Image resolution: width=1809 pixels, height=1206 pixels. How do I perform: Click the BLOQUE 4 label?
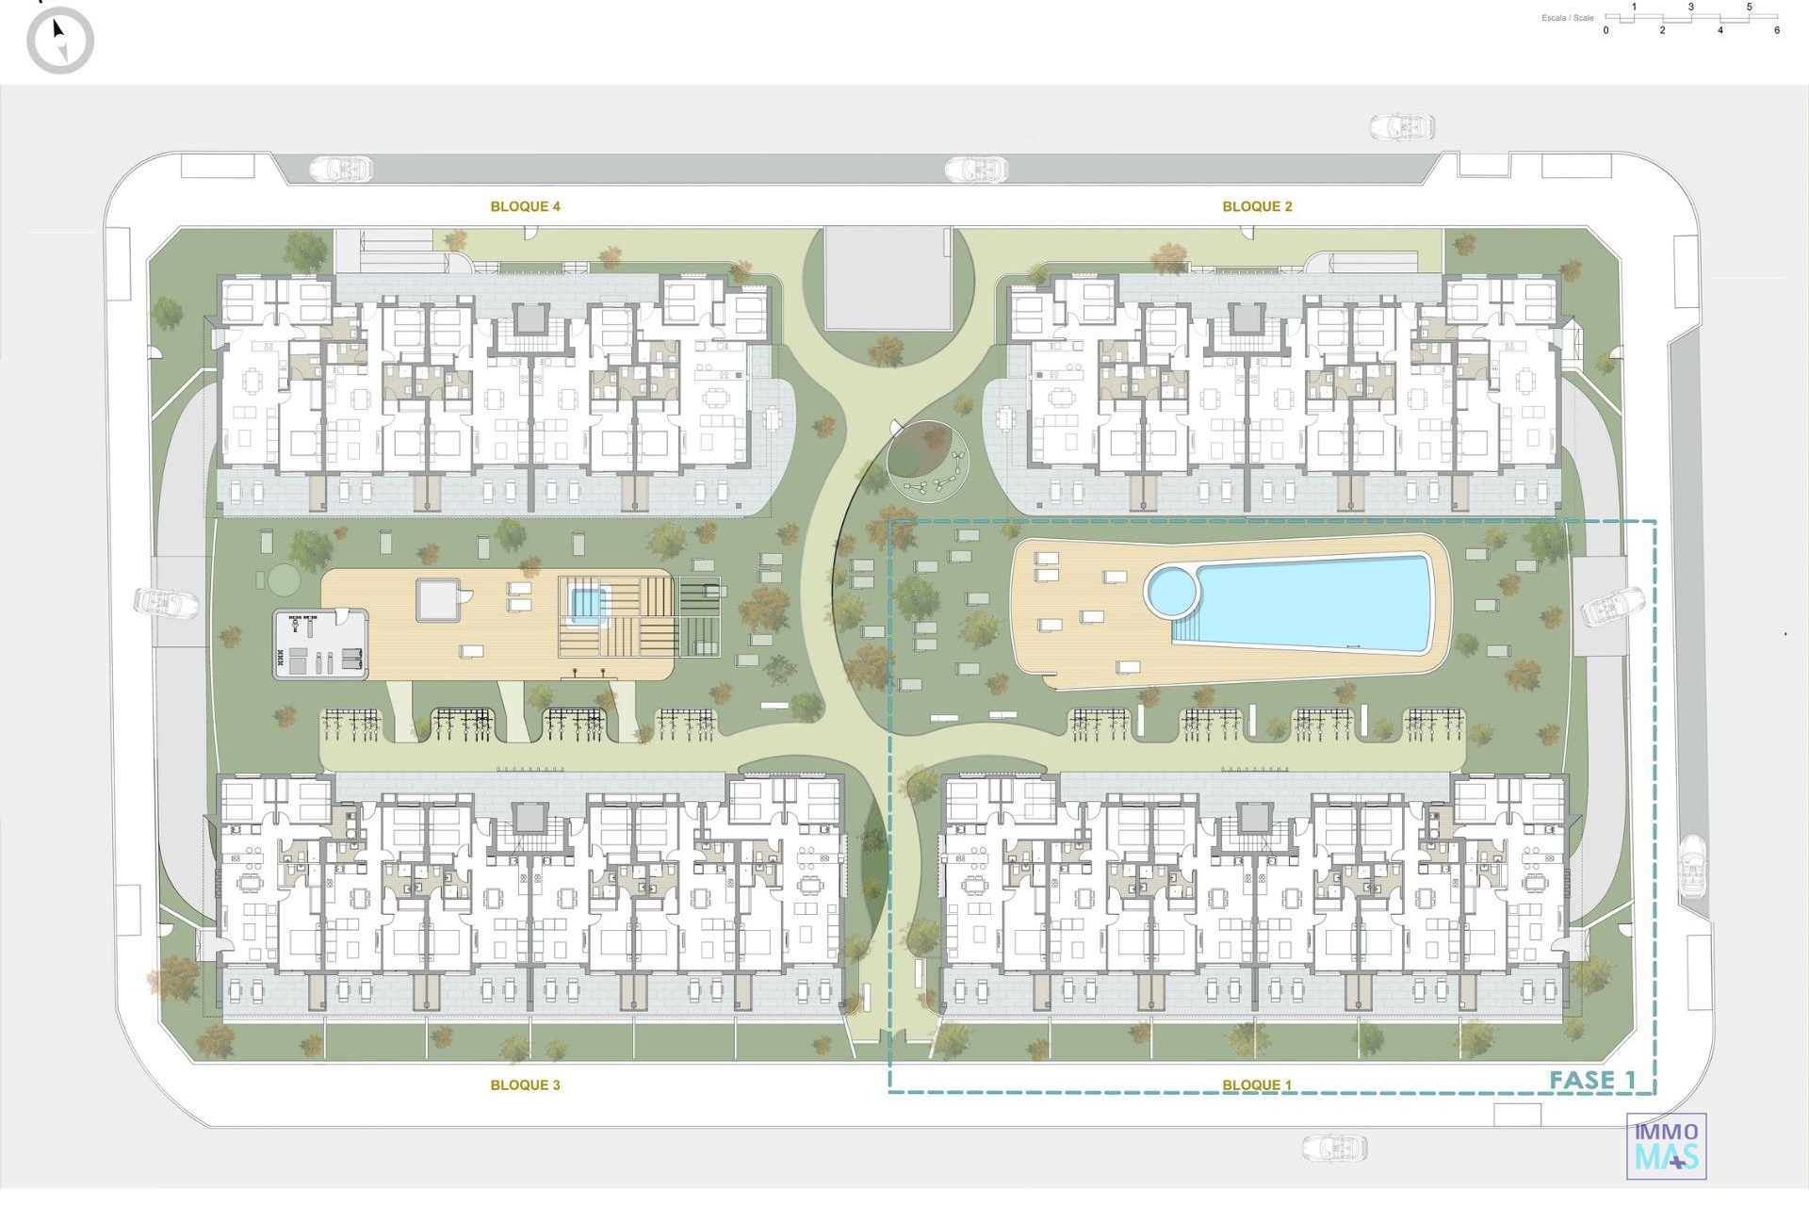pos(525,206)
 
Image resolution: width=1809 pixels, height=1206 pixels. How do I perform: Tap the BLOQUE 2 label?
pos(1257,206)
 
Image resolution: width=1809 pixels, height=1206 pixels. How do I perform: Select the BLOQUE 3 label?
pos(525,1085)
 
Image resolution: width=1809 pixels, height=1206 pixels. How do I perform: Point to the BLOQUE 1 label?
pos(1257,1085)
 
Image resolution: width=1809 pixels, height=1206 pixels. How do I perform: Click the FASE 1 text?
pos(1592,1080)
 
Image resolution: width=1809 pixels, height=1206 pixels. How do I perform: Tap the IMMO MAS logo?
pos(1666,1146)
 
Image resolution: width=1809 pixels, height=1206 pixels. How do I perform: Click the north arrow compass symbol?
pos(60,41)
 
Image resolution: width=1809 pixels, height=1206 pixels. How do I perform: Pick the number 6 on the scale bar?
pos(1777,30)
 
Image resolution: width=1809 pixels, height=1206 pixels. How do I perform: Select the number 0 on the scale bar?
pos(1606,30)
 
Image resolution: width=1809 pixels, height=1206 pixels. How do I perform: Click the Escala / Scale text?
pos(1568,18)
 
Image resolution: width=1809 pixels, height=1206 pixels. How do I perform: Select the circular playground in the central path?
pos(928,462)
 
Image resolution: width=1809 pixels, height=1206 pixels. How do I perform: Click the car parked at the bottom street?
pos(1334,1148)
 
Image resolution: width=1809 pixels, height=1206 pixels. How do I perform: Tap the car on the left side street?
pos(166,603)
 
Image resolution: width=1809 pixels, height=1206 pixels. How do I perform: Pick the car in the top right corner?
pos(1402,126)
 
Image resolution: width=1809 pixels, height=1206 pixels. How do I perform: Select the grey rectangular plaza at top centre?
pos(888,278)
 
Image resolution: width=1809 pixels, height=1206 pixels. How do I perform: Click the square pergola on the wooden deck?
pos(438,600)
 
